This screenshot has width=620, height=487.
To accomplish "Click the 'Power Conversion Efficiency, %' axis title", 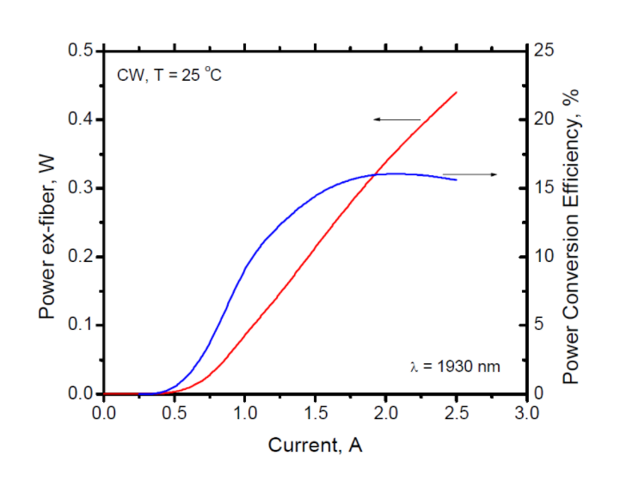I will (x=572, y=222).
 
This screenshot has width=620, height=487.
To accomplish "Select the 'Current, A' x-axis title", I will (x=315, y=445).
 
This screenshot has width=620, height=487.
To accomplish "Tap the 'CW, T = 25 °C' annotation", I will (x=169, y=75).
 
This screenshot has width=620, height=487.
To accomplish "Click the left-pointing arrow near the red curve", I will (x=396, y=119).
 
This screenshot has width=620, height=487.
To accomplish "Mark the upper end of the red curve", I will (x=456, y=92).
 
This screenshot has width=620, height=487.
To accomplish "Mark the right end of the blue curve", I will (x=456, y=179).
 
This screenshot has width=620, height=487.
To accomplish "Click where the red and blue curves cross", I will (x=376, y=174).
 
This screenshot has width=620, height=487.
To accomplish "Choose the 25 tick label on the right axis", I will (x=545, y=51).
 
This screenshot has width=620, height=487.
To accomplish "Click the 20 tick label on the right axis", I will (x=545, y=119).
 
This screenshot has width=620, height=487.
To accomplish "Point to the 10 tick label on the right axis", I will (x=545, y=257).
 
